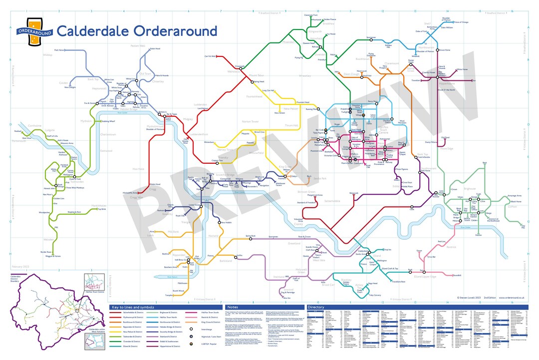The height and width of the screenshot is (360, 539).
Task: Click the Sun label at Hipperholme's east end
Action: [x=474, y=80]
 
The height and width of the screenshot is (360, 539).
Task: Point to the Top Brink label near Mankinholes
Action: [x=102, y=209]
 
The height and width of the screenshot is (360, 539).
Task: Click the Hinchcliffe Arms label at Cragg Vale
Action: [x=130, y=193]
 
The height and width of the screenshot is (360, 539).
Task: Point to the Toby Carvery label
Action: [x=375, y=295]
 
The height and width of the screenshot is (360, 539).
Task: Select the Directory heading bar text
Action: [x=315, y=307]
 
